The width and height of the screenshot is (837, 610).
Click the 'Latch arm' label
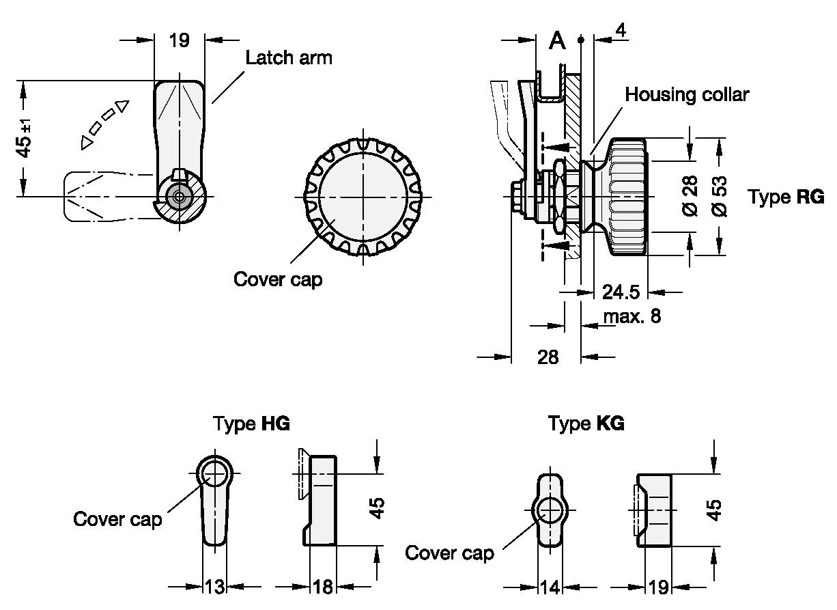[289, 57]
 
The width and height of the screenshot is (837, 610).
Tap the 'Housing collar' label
[686, 94]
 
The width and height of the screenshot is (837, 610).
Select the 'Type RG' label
[786, 197]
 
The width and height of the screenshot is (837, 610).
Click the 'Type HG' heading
[251, 424]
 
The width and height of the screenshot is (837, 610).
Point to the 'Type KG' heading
[586, 424]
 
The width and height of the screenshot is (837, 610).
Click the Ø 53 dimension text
[720, 197]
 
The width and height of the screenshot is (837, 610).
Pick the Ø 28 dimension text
[690, 197]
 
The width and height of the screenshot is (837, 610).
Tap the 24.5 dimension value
[621, 292]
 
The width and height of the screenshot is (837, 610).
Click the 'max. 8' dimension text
[632, 317]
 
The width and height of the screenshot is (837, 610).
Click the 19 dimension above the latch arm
[179, 40]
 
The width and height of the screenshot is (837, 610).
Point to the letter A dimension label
[558, 42]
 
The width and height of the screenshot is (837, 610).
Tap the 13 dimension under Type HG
[214, 586]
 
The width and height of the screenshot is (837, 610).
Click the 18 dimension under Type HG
[323, 586]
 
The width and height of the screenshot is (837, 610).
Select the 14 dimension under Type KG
[550, 586]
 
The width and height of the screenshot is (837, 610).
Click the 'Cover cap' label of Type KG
[449, 553]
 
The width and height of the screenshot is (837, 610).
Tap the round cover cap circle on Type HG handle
[215, 473]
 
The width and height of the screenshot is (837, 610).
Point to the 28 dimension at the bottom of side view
[548, 357]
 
